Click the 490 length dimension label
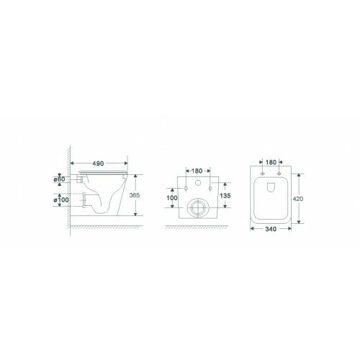pyautogui.click(x=98, y=163)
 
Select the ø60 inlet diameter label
pyautogui.click(x=59, y=179)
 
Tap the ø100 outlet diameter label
pyautogui.click(x=61, y=199)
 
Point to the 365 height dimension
pyautogui.click(x=135, y=195)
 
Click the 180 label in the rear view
pyautogui.click(x=197, y=171)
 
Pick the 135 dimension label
pyautogui.click(x=225, y=196)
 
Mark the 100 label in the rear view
pyautogui.click(x=172, y=198)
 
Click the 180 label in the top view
pyautogui.click(x=271, y=162)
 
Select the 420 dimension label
pyautogui.click(x=298, y=199)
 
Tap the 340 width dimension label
pyautogui.click(x=271, y=229)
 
